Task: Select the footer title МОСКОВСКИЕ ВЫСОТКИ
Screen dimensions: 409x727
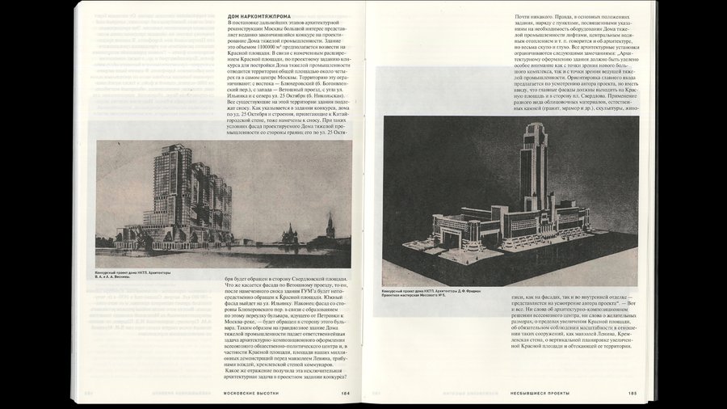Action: pos(250,394)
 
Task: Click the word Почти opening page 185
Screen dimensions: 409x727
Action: pos(526,18)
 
